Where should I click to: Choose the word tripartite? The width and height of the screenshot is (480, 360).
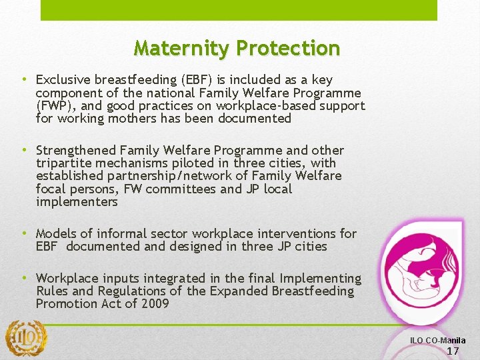pos(65,163)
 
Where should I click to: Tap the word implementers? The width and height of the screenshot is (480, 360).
pos(77,202)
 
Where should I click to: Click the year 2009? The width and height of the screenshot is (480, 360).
pos(154,304)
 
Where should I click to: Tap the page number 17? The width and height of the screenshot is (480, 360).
pos(453,351)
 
